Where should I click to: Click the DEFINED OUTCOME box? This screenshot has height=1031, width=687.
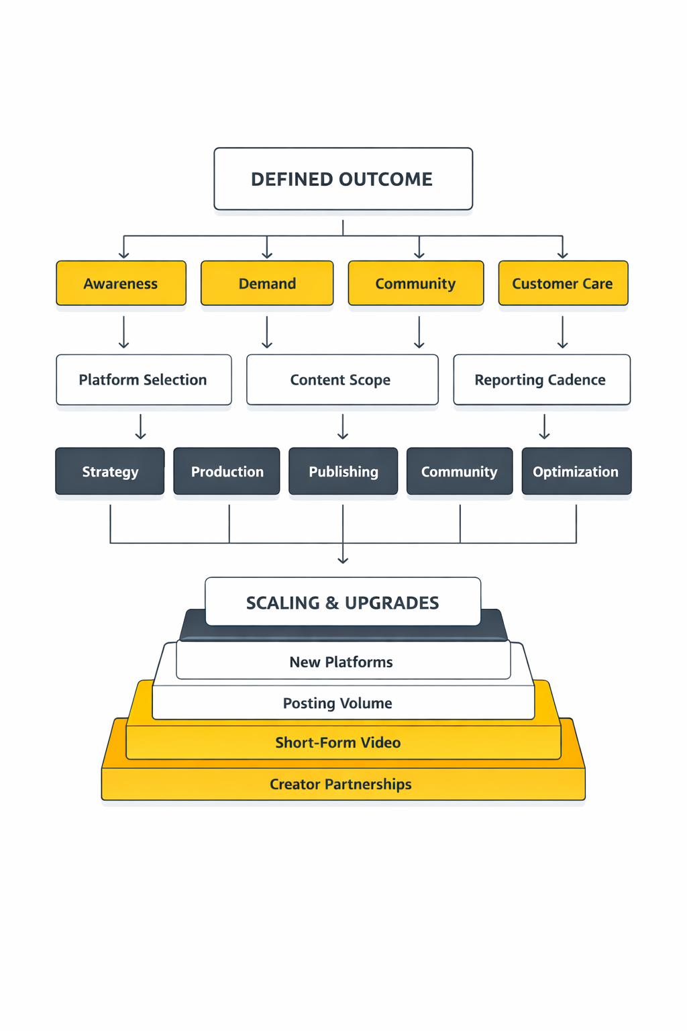tap(343, 179)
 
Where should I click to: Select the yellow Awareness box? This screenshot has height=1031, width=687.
tap(121, 283)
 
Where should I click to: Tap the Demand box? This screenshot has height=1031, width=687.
tap(267, 283)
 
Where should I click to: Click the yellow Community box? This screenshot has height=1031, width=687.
tap(415, 283)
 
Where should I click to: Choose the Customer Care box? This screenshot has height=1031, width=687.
tap(563, 283)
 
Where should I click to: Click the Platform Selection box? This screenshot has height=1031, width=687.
tap(144, 380)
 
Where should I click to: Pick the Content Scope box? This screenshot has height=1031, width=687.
tap(342, 380)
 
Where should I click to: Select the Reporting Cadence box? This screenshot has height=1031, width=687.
tap(541, 380)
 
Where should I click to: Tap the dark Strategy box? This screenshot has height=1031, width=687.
tap(110, 471)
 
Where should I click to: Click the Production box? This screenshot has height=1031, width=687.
tap(227, 471)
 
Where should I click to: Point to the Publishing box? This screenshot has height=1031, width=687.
tap(343, 471)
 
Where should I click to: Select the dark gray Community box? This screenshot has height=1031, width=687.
tap(460, 471)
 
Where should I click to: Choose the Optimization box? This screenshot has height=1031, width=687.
tap(576, 471)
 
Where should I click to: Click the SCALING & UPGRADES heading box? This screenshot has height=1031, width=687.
tap(343, 602)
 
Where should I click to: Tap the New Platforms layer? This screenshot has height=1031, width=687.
tap(342, 662)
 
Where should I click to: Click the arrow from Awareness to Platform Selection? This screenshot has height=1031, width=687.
tap(124, 332)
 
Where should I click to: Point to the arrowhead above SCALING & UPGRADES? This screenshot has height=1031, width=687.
tap(343, 559)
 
